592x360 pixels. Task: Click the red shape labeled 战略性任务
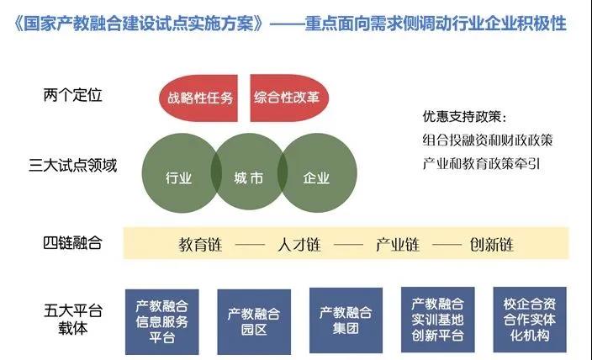pos(199,98)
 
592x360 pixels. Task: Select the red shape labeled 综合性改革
pos(288,98)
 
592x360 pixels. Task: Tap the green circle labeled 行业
pos(177,173)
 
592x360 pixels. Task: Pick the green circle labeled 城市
pos(249,172)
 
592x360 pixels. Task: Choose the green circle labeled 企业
pos(318,173)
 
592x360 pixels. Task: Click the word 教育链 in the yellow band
pos(200,245)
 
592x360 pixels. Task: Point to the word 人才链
pos(299,245)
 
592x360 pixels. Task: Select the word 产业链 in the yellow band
pos(398,245)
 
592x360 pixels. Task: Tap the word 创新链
pos(492,245)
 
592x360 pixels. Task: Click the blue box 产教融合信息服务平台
pos(162,322)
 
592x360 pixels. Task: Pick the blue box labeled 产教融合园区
pos(254,322)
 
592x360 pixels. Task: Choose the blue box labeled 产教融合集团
pos(346,320)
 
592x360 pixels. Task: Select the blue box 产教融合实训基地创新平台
pos(438,320)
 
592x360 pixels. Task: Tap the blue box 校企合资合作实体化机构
pos(530,320)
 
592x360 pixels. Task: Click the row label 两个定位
pos(72,95)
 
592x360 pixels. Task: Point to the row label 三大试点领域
pos(72,166)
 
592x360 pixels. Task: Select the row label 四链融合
pos(72,243)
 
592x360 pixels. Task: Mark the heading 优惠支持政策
pos(462,116)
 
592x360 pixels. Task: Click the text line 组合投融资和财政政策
pos(488,140)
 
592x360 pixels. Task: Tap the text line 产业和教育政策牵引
pos(481,164)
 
